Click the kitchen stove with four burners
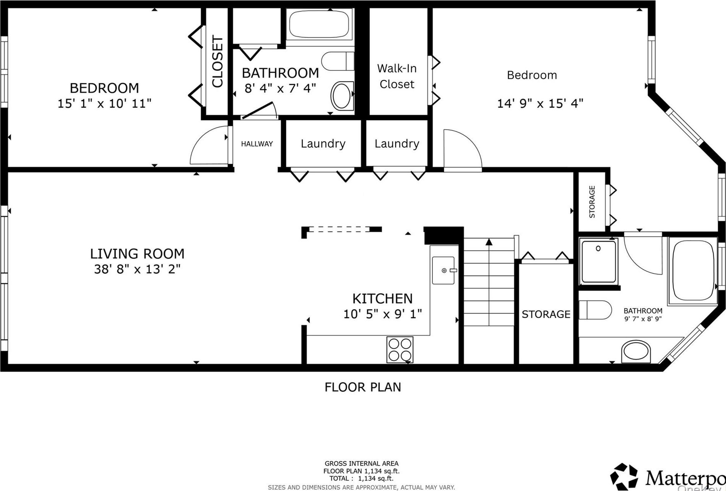(400, 350)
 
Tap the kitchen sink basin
(443, 270)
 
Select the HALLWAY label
(257, 144)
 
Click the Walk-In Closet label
(397, 76)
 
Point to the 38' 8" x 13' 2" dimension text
(137, 269)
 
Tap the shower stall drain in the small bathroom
(598, 248)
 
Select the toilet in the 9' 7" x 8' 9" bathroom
(594, 310)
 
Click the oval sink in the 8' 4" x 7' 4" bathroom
(342, 96)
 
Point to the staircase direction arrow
(489, 242)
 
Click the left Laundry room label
(323, 143)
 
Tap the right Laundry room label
(397, 143)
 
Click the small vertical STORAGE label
(592, 202)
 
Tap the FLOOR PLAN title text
(363, 387)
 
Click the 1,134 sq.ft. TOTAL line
(361, 478)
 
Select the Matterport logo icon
(624, 476)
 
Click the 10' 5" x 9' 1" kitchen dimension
(382, 314)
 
